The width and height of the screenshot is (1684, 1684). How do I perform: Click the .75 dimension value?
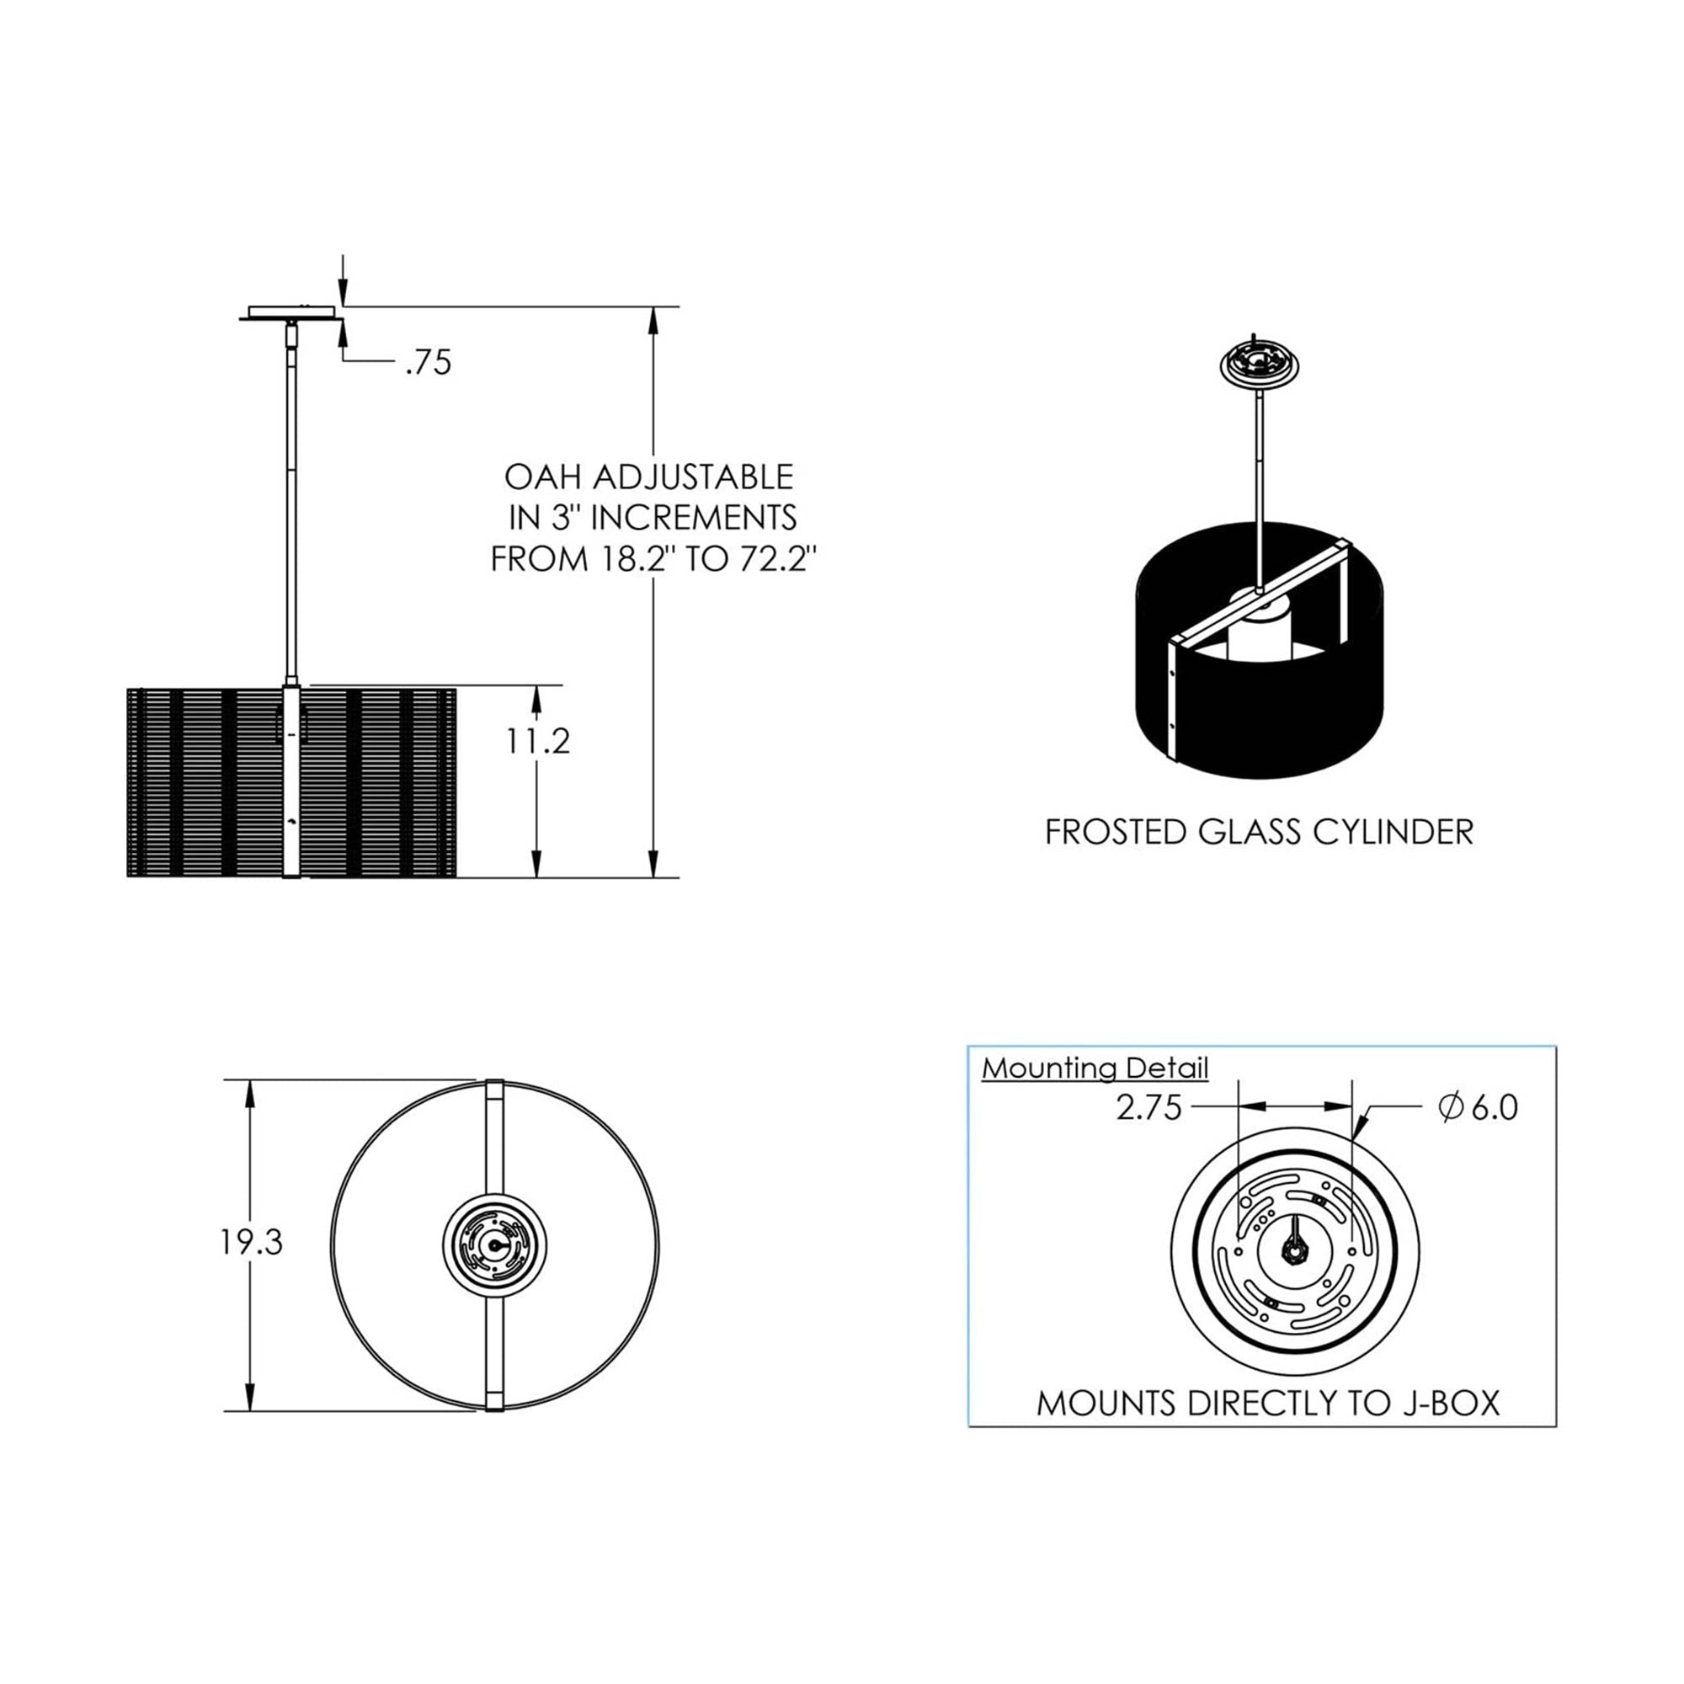coord(429,363)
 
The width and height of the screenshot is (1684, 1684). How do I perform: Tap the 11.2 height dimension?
coord(538,741)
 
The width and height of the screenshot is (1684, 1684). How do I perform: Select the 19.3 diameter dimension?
coord(251,1243)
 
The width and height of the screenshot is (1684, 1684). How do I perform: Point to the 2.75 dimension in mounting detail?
coord(1148,1108)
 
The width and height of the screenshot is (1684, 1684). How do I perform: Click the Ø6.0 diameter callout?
coord(1479,1107)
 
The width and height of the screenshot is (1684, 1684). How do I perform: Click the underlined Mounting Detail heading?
coord(1095,1068)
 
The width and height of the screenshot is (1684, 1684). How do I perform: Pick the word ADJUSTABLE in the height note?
coord(694,477)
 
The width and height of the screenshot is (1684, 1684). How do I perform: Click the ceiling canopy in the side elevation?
coord(290,313)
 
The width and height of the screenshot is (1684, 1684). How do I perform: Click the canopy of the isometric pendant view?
coord(1259,364)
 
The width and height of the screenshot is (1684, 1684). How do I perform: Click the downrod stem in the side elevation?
coord(291,505)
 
